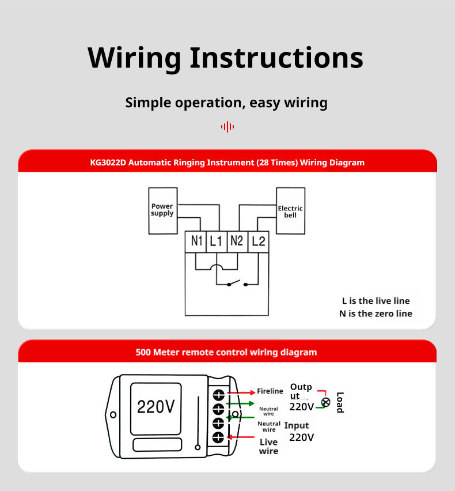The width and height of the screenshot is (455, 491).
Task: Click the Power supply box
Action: pos(162,210)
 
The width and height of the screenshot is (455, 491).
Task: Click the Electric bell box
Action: pos(290,211)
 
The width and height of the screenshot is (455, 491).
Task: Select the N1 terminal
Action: pos(197,241)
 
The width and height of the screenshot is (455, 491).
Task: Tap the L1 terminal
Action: pos(216,241)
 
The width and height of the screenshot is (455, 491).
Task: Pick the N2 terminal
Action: pos(237,241)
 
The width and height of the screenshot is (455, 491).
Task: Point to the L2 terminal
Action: pos(259,241)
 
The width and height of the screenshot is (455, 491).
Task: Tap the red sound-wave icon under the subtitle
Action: pos(227,127)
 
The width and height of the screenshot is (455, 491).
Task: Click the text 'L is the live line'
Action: pos(376,301)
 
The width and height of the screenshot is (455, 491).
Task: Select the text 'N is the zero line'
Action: pos(376,314)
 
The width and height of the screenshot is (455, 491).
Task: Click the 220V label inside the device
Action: pos(156,407)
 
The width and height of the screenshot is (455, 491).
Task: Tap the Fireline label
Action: pos(270,391)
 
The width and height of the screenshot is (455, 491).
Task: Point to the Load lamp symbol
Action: pos(326,402)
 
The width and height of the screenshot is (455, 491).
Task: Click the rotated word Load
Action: pos(340,402)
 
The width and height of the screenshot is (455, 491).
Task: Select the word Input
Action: pos(297,425)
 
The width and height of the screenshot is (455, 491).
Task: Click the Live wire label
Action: pos(268,446)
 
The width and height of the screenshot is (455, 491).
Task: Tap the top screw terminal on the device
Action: pos(218,395)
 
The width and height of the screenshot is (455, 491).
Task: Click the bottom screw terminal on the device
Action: pos(218,437)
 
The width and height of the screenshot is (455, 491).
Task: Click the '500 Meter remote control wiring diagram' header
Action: pos(226,352)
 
